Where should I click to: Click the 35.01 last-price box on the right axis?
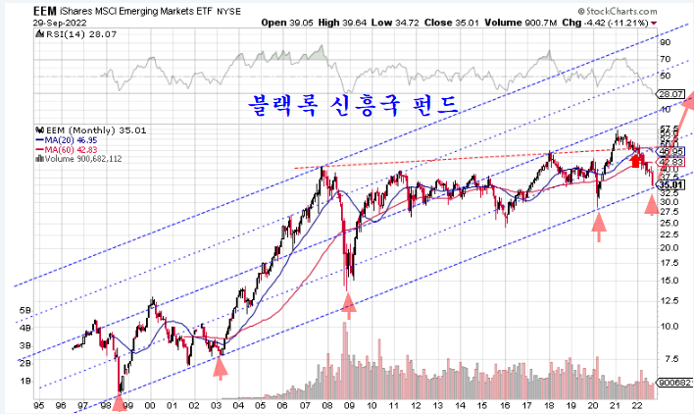click(670, 184)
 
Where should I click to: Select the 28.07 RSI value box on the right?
click(670, 93)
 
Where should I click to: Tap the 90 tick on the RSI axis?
click(664, 42)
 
